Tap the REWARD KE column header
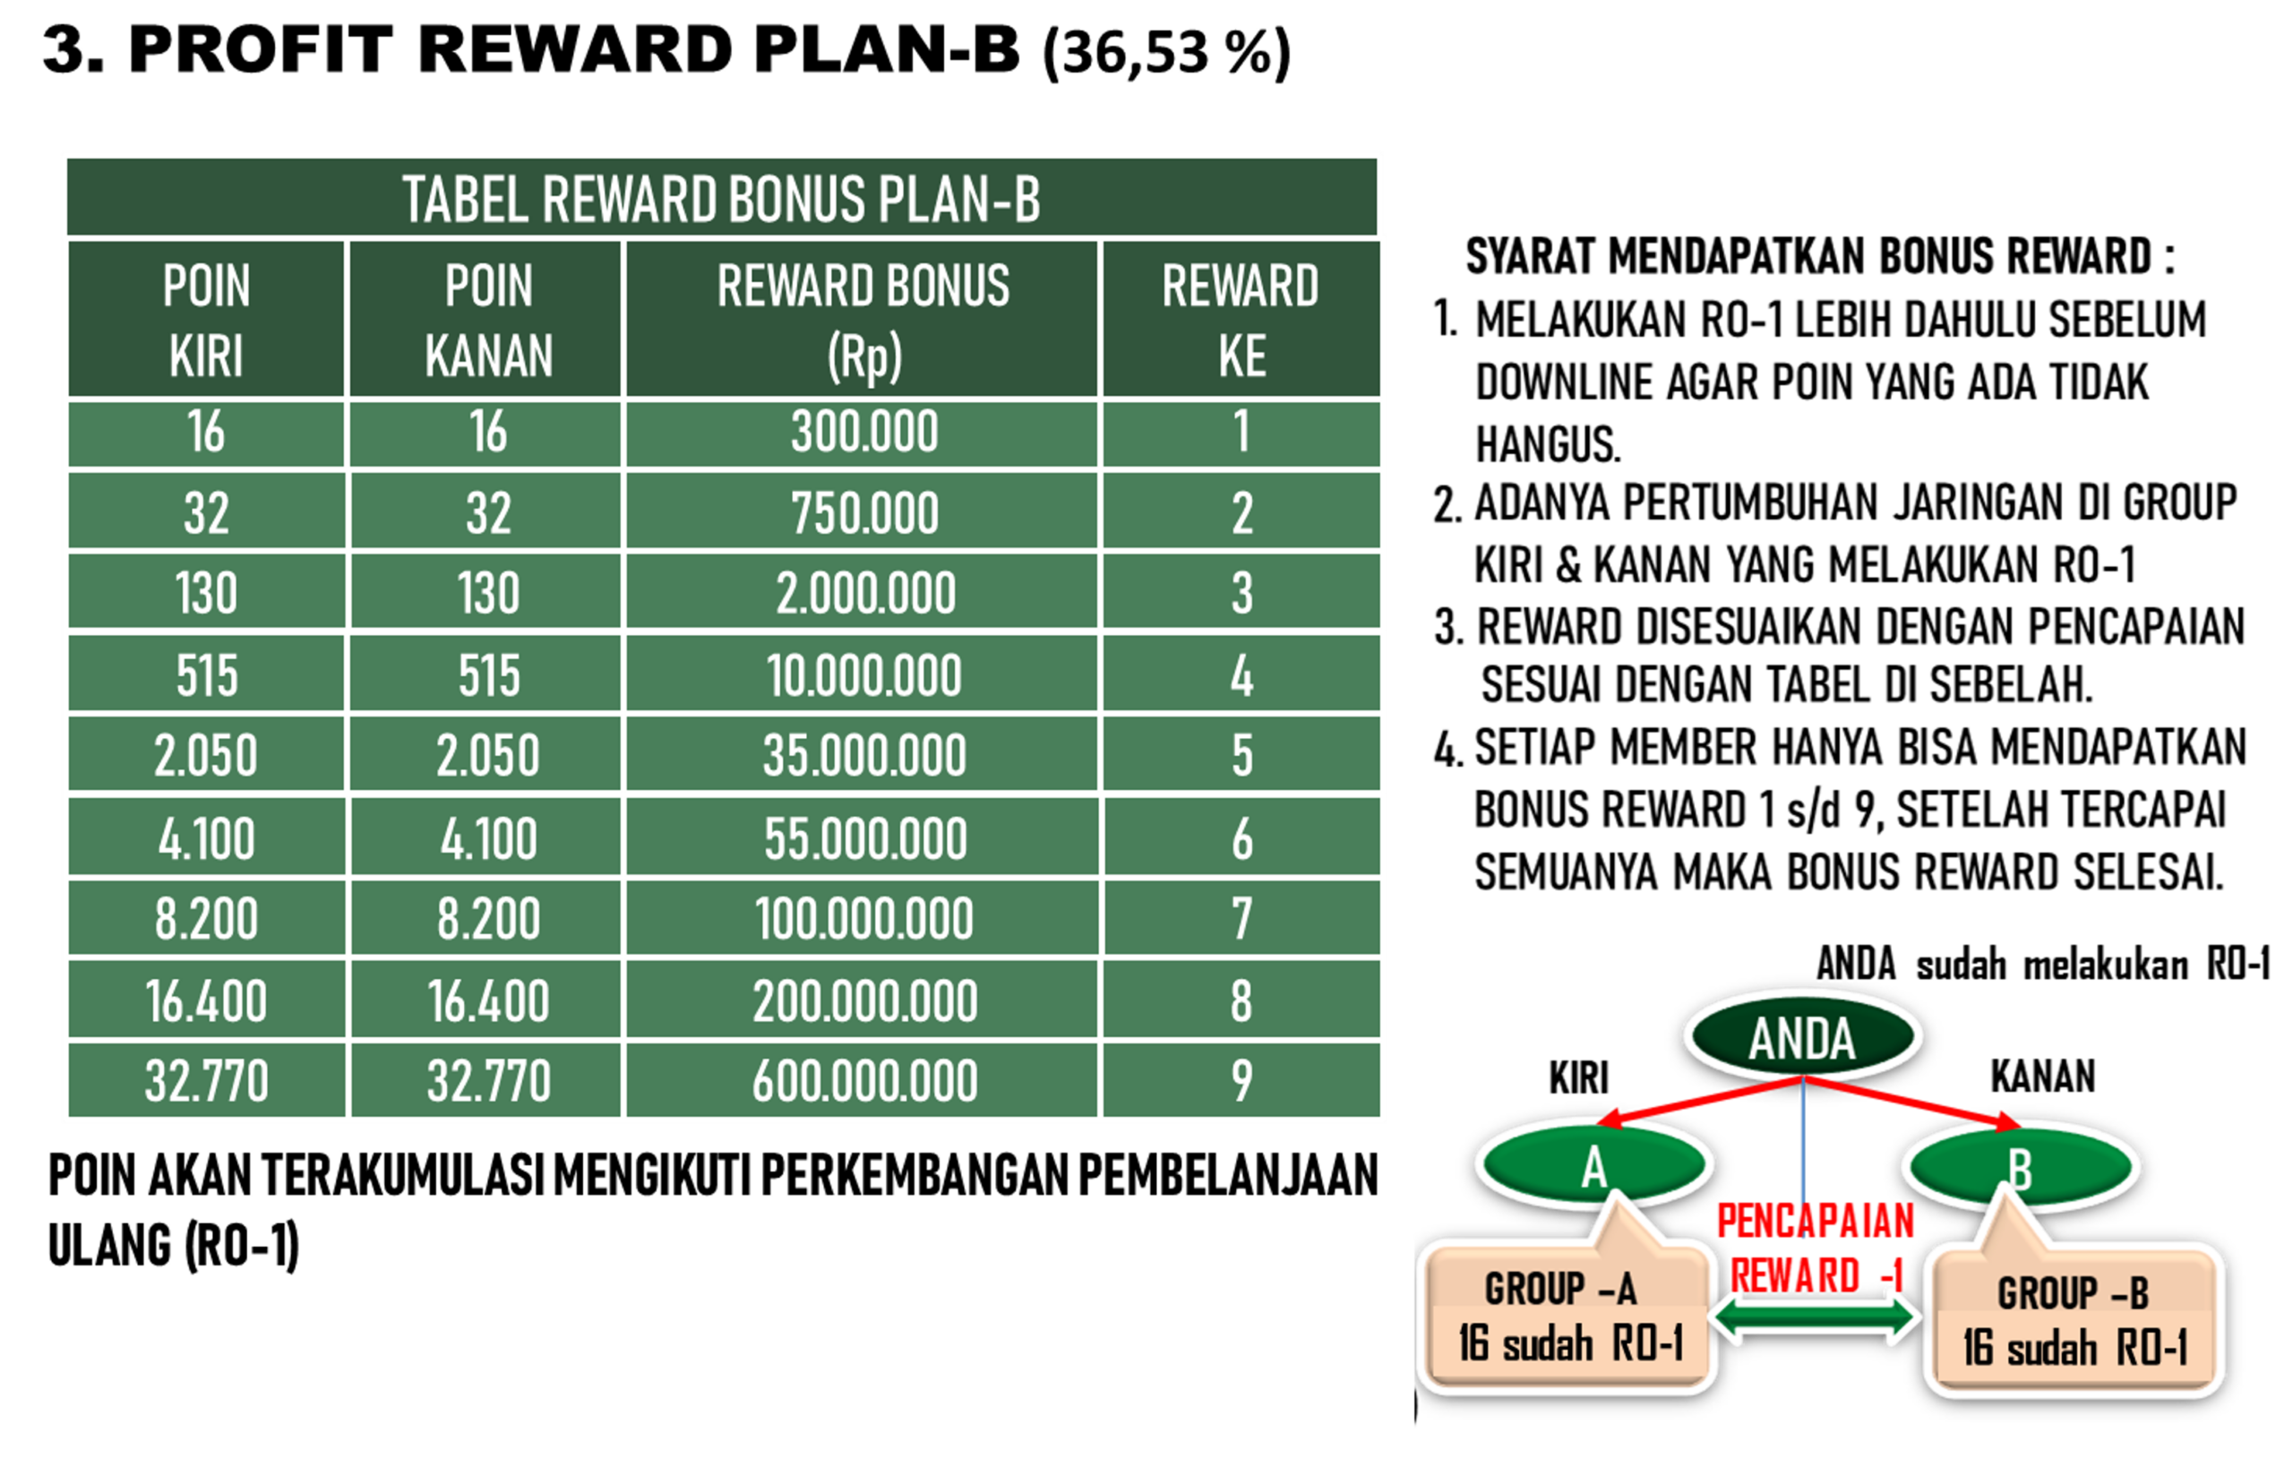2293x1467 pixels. tap(1241, 319)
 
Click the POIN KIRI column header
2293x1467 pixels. tap(206, 319)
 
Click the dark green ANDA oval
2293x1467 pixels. tap(1800, 1036)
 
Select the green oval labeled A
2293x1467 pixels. tap(1593, 1164)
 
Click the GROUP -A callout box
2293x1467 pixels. tap(1567, 1315)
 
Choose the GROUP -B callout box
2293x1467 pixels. tap(2074, 1318)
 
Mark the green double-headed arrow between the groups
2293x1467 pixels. tap(1815, 1318)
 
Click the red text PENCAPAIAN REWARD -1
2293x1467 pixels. tap(1816, 1248)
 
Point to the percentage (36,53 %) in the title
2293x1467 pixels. tap(1167, 52)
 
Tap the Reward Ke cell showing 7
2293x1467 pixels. tap(1241, 917)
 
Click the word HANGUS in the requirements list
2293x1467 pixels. tap(1548, 444)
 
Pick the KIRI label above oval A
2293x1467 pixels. tap(1578, 1077)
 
